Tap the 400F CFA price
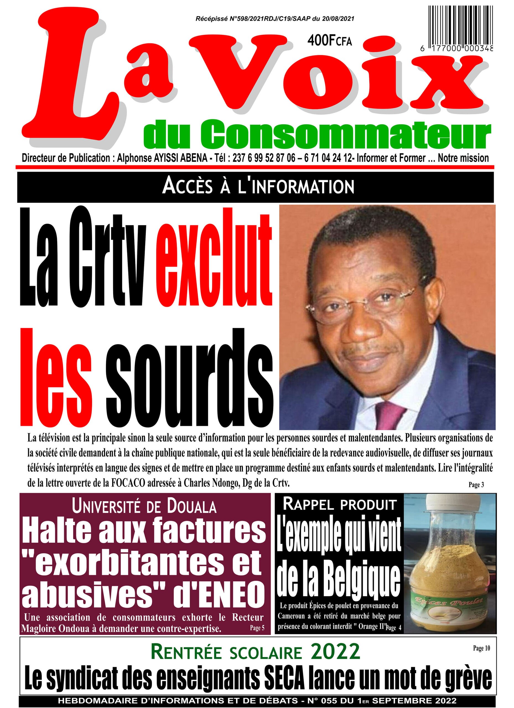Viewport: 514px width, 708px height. point(329,41)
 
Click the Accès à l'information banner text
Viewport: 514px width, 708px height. point(258,186)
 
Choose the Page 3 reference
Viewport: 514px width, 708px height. point(476,485)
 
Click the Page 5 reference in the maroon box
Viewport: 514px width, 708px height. point(257,628)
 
